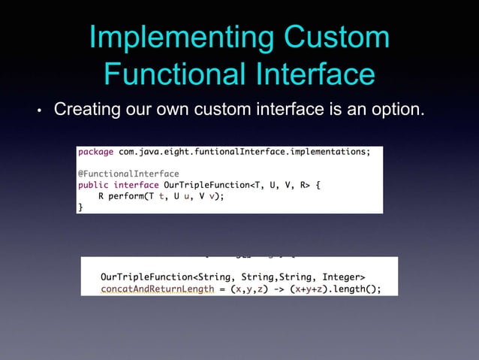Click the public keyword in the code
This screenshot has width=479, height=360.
point(94,185)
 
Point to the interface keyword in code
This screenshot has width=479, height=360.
point(136,185)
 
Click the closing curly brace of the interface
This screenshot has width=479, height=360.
point(81,207)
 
